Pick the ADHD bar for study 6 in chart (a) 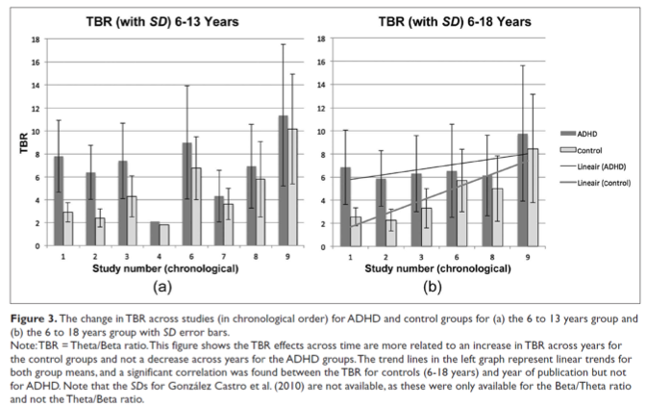(x=187, y=194)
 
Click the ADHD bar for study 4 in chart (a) (x=155, y=234)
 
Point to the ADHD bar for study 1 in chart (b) (x=345, y=207)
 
